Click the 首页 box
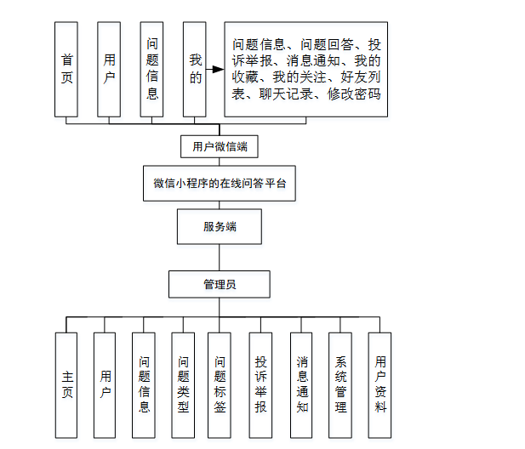[66, 70]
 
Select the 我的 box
[195, 70]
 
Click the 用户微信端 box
[220, 146]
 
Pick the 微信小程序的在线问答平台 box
[220, 184]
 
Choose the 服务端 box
[220, 227]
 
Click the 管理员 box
[220, 284]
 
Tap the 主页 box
[66, 384]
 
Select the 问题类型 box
[182, 384]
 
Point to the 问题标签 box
[220, 384]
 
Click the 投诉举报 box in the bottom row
[261, 384]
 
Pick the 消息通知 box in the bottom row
[302, 384]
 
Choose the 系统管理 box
[341, 384]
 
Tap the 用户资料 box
[380, 384]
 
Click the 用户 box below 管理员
[105, 384]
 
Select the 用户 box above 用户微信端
[109, 70]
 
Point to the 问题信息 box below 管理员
[145, 384]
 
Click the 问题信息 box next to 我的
[152, 70]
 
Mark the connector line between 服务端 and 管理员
[220, 258]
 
